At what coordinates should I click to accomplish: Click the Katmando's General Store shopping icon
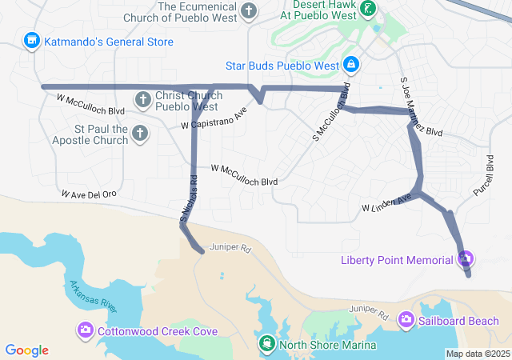[32, 39]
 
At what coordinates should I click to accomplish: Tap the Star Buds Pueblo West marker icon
[350, 63]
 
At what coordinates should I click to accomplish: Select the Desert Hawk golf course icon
[367, 10]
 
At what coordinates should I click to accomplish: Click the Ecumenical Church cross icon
[250, 11]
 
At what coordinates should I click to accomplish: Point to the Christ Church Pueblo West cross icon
[142, 100]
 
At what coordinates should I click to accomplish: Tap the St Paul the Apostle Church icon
[140, 133]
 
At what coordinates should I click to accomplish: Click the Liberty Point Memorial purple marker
[465, 259]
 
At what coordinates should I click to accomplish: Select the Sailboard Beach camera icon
[406, 320]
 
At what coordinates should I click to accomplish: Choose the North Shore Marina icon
[266, 345]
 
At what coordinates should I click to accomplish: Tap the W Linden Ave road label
[390, 202]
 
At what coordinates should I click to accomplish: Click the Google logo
[27, 350]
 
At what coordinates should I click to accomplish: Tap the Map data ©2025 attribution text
[477, 354]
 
